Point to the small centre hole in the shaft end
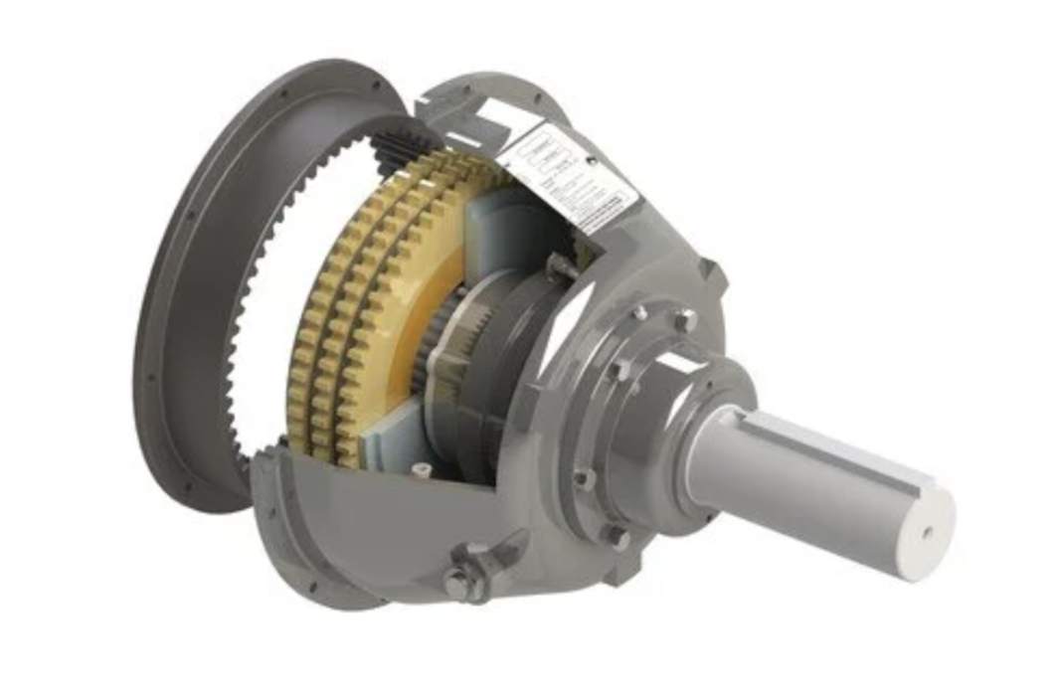[928, 531]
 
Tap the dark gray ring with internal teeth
[199, 298]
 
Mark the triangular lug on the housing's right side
[712, 272]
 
